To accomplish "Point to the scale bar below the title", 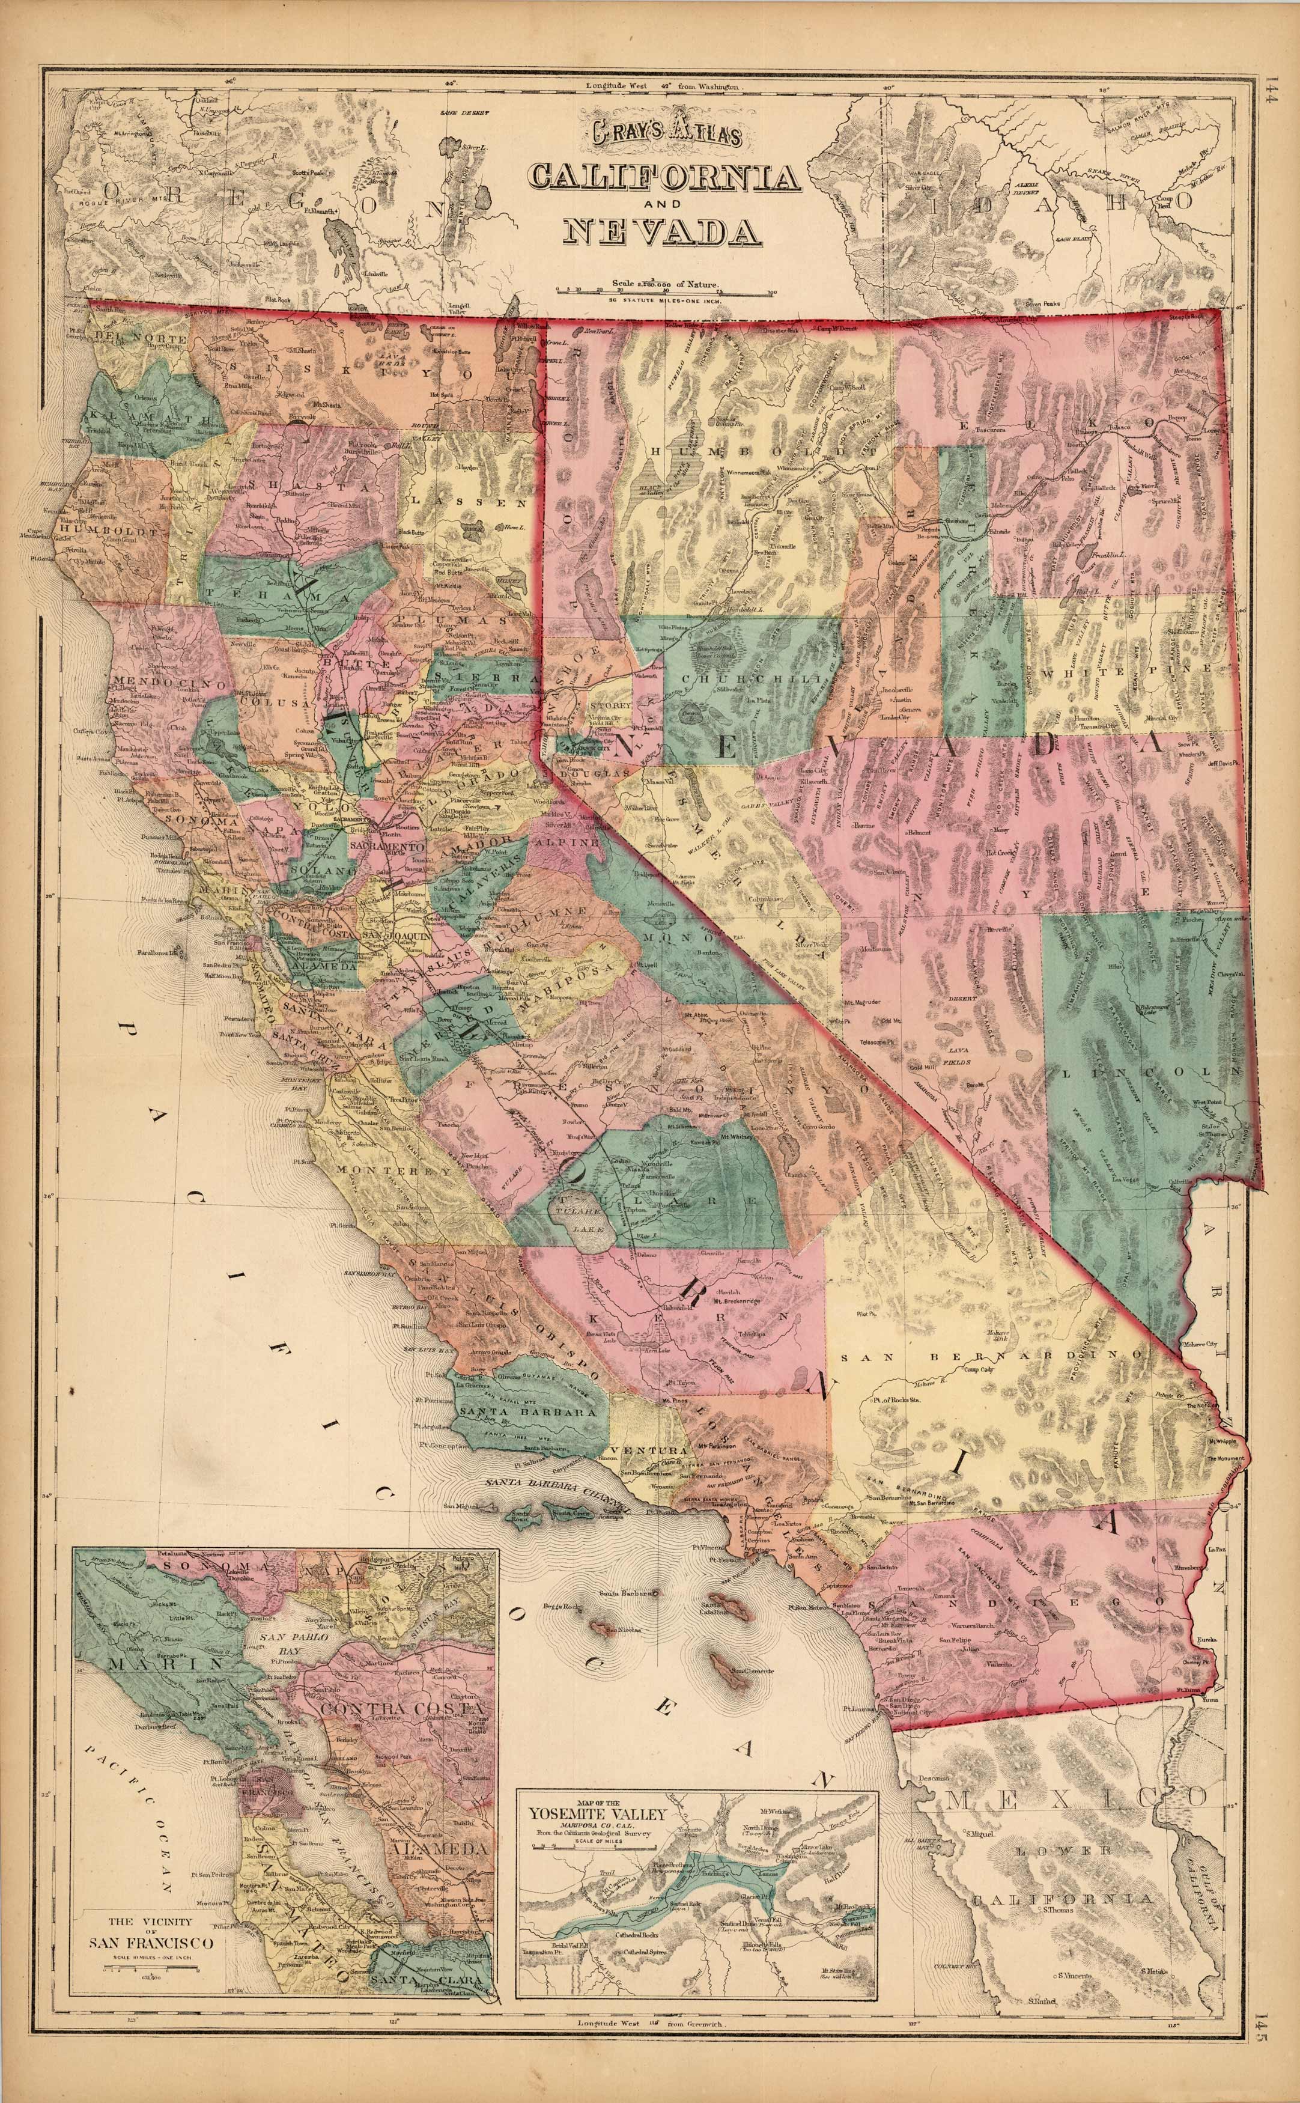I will [x=664, y=293].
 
